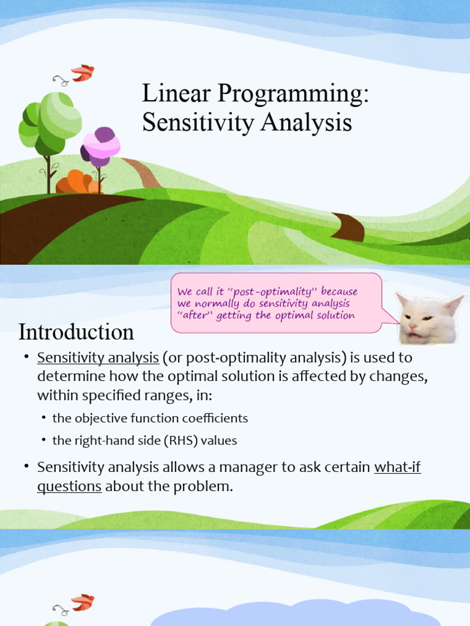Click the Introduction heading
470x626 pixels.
[x=76, y=332]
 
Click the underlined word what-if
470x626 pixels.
[x=397, y=468]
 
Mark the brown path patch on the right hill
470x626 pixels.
[x=349, y=226]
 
